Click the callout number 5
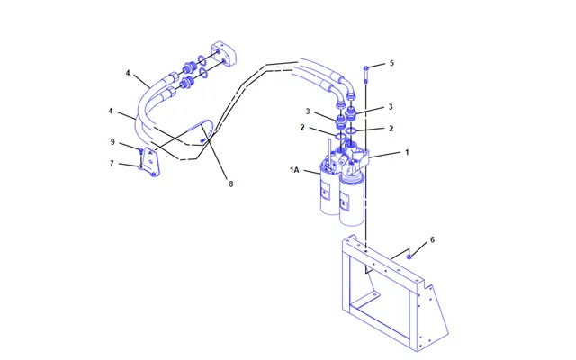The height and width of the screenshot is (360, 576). (x=391, y=63)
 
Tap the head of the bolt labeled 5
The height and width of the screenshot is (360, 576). (x=366, y=68)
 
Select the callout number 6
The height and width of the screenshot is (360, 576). (x=432, y=240)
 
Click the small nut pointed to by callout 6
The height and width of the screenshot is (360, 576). (x=409, y=256)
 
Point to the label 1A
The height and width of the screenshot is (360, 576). (x=294, y=170)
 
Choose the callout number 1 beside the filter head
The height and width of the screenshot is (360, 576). (x=407, y=152)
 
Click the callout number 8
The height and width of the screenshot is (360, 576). (x=231, y=184)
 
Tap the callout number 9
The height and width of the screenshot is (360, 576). (x=112, y=142)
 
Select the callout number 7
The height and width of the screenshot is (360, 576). (x=112, y=164)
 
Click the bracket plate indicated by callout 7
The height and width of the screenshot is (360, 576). (x=151, y=162)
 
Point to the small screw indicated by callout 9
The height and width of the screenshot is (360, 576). (x=140, y=151)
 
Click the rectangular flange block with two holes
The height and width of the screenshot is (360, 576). (x=224, y=54)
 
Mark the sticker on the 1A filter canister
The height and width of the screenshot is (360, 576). (x=326, y=191)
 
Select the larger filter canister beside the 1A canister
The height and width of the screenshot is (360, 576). (x=352, y=198)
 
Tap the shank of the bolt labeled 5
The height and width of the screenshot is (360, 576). (x=366, y=76)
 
